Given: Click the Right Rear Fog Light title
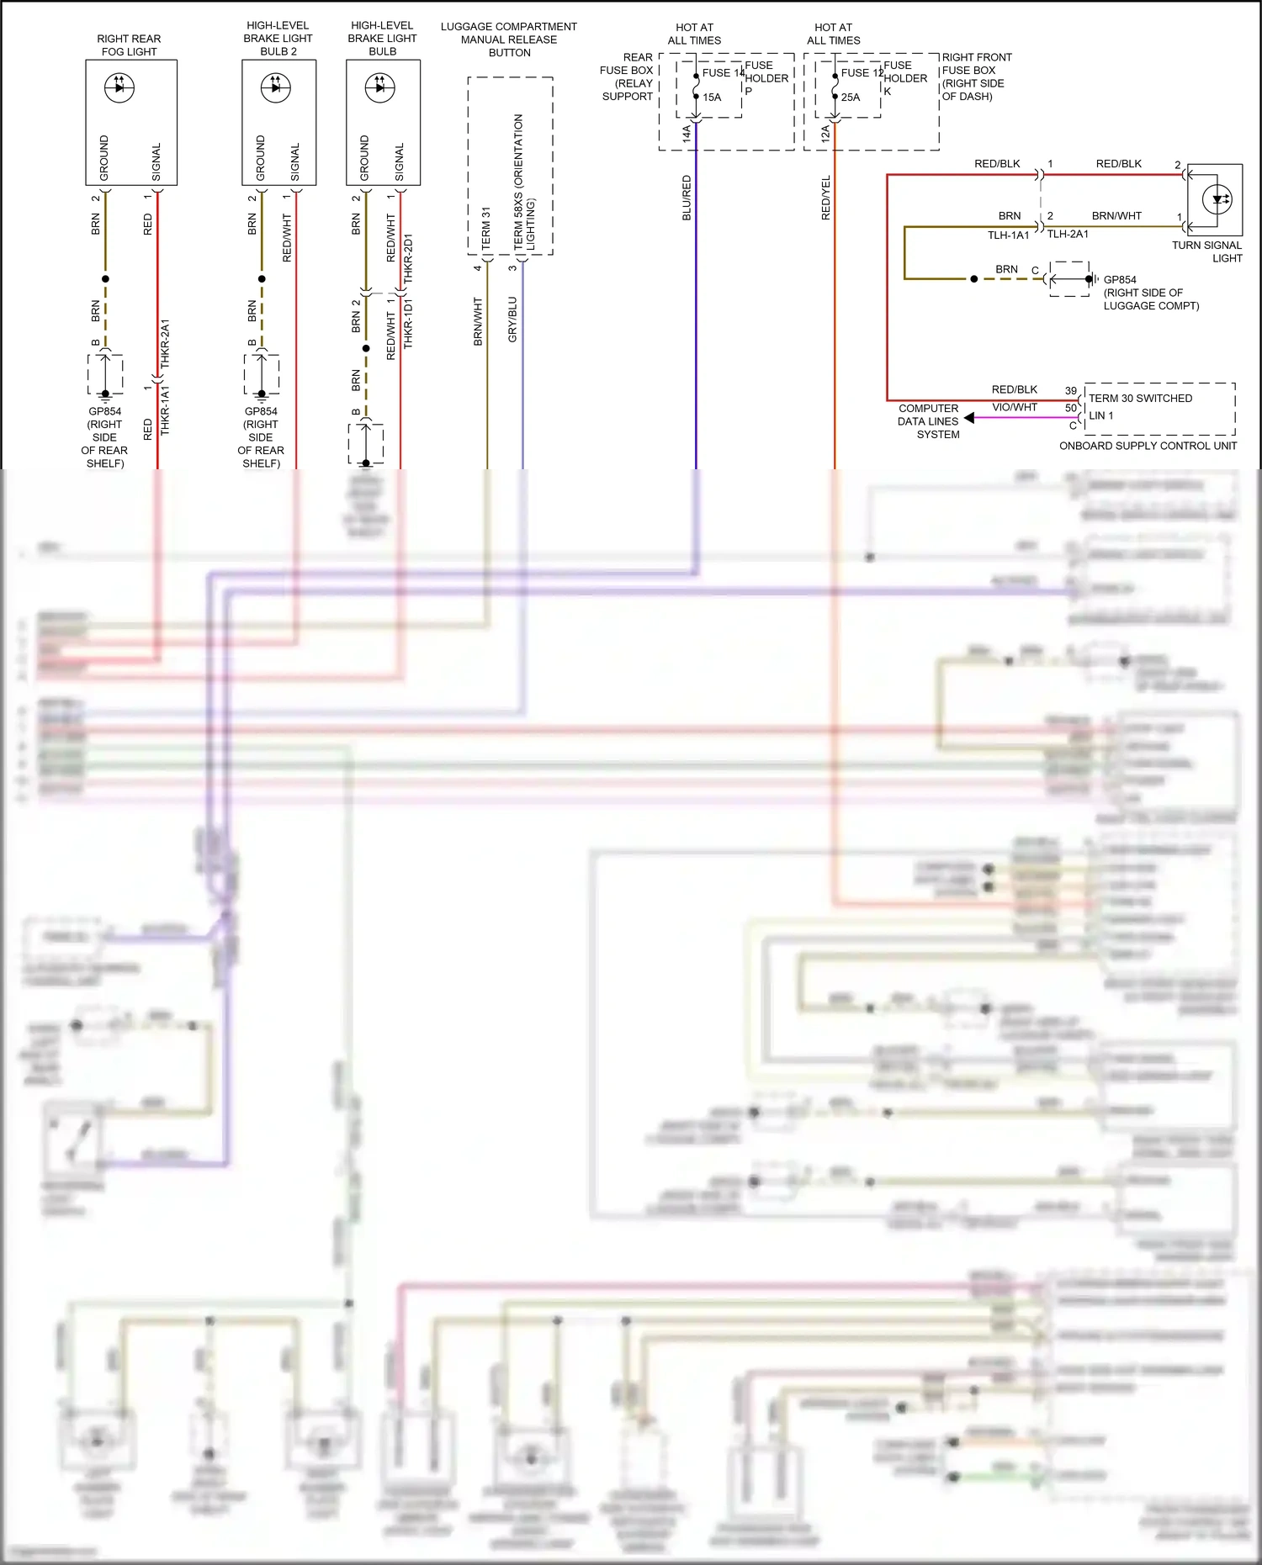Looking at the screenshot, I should click(x=129, y=45).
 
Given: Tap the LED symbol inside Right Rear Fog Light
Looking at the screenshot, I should click(x=119, y=87).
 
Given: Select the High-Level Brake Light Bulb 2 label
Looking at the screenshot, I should click(x=278, y=39).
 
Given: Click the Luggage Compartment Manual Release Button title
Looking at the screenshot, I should click(x=509, y=40).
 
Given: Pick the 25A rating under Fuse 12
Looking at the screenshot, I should click(x=851, y=98).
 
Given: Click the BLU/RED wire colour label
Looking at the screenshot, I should click(x=687, y=198).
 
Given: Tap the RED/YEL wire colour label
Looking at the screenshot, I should click(x=825, y=198).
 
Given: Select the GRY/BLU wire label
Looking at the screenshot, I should click(x=512, y=320).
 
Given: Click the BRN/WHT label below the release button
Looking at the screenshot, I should click(x=478, y=321).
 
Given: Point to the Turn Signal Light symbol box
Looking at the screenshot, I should click(x=1215, y=200).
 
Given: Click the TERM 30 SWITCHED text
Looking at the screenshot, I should click(x=1140, y=399).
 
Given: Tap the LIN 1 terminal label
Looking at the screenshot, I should click(x=1100, y=415).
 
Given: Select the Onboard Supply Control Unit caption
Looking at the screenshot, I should click(x=1148, y=446).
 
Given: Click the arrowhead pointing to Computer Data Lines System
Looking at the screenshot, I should click(x=969, y=418).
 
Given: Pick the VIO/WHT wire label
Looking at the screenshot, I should click(x=1015, y=407).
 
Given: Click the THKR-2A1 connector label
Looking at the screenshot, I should click(x=165, y=343).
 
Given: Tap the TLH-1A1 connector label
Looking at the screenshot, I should click(x=1008, y=235).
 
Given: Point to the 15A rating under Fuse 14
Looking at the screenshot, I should click(x=712, y=98).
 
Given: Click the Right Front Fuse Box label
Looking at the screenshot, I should click(x=976, y=77).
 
